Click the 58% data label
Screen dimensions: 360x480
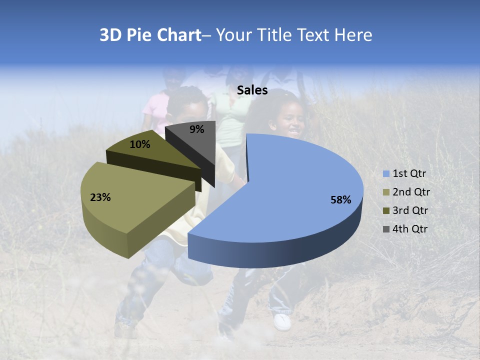340,200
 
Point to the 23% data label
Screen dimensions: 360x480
100,197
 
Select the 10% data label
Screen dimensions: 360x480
140,144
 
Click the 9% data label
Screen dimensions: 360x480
197,129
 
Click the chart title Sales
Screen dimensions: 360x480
252,90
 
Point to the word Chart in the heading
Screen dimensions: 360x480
178,35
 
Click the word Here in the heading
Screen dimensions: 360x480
354,35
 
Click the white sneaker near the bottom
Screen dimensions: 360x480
282,321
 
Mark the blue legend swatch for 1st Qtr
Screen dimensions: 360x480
386,174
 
